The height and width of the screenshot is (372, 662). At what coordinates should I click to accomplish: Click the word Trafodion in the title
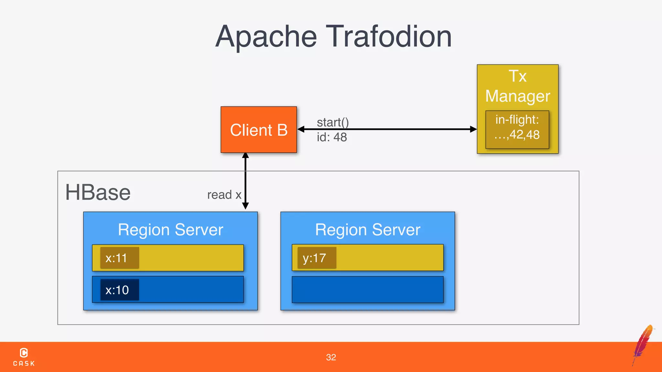pyautogui.click(x=389, y=36)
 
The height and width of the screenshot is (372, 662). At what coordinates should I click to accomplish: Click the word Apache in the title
pyautogui.click(x=266, y=37)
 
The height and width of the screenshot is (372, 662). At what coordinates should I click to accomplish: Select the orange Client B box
pyautogui.click(x=259, y=130)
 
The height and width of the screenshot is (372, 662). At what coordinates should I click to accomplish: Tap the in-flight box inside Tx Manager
pyautogui.click(x=517, y=129)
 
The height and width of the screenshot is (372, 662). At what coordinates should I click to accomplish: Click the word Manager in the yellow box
pyautogui.click(x=518, y=96)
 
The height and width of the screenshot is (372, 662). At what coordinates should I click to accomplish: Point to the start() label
pyautogui.click(x=333, y=122)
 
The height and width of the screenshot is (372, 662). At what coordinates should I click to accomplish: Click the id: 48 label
pyautogui.click(x=332, y=137)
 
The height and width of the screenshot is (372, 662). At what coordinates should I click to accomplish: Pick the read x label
pyautogui.click(x=224, y=195)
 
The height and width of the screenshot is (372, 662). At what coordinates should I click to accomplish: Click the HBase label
pyautogui.click(x=98, y=192)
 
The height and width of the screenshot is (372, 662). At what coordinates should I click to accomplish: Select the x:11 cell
pyautogui.click(x=119, y=258)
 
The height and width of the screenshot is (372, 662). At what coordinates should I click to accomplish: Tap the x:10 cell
pyautogui.click(x=119, y=290)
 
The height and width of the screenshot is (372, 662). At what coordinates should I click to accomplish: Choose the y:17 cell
pyautogui.click(x=316, y=258)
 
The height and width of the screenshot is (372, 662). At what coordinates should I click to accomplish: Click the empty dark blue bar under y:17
pyautogui.click(x=368, y=289)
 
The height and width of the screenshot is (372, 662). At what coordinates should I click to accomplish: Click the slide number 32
pyautogui.click(x=331, y=357)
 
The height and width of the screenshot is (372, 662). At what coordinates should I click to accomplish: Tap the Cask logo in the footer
pyautogui.click(x=24, y=356)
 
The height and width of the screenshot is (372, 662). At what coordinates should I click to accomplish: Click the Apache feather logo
pyautogui.click(x=643, y=344)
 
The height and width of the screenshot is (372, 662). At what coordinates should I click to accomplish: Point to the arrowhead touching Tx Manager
pyautogui.click(x=474, y=129)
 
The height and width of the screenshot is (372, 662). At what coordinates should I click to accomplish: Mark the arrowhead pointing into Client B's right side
pyautogui.click(x=301, y=129)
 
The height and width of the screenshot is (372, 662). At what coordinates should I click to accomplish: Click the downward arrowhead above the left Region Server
pyautogui.click(x=245, y=206)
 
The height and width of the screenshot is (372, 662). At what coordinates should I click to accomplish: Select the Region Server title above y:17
pyautogui.click(x=368, y=230)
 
